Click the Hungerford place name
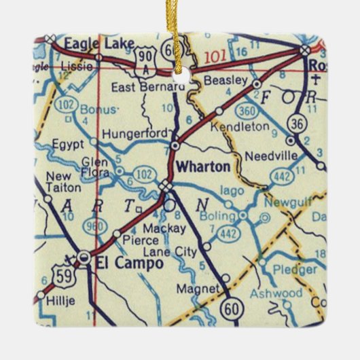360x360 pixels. click(x=134, y=134)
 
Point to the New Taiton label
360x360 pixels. click(x=62, y=181)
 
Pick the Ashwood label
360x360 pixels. click(x=275, y=293)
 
